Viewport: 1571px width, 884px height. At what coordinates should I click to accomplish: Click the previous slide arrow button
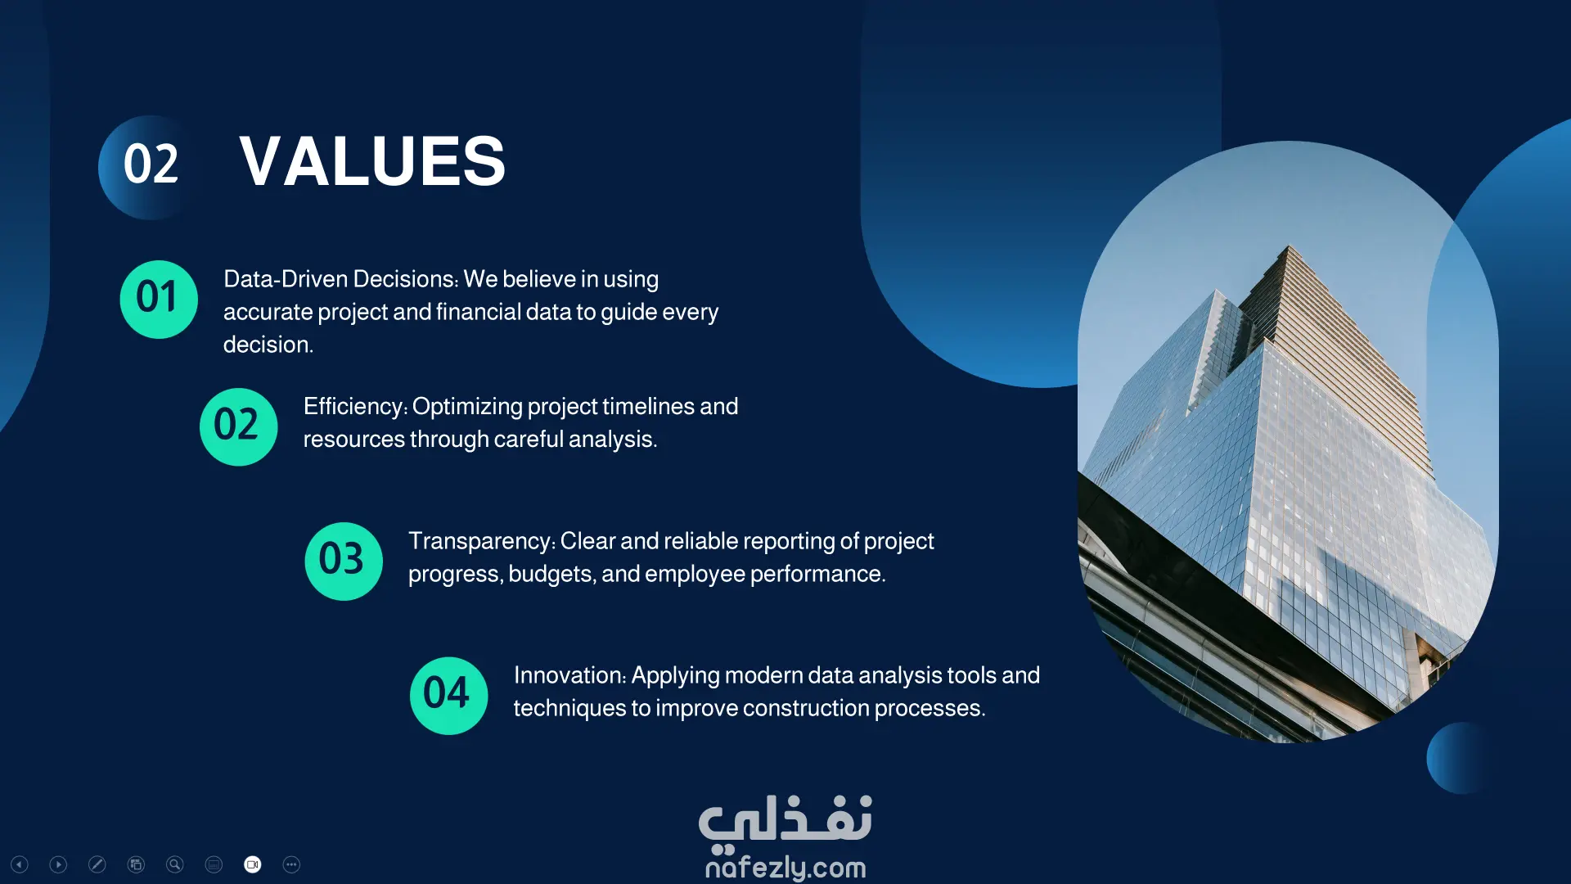click(20, 864)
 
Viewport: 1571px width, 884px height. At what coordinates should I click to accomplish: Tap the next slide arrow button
click(58, 864)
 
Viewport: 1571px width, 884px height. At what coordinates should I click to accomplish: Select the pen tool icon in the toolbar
click(97, 864)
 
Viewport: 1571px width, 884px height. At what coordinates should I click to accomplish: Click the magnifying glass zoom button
click(175, 864)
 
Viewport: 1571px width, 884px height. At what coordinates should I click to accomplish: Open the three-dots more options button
click(291, 864)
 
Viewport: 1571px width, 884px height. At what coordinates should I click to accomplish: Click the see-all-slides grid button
click(136, 864)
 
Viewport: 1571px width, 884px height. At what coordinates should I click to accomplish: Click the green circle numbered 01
click(159, 299)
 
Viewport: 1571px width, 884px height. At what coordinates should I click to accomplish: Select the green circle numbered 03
click(344, 561)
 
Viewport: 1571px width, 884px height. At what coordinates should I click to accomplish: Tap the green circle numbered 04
click(448, 696)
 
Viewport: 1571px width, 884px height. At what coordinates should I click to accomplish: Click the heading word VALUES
click(372, 161)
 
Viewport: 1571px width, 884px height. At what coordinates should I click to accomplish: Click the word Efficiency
click(353, 408)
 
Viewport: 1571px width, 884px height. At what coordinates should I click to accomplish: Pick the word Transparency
click(480, 542)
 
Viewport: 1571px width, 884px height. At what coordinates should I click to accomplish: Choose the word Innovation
click(568, 675)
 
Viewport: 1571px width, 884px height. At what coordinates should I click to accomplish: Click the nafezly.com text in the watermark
click(785, 867)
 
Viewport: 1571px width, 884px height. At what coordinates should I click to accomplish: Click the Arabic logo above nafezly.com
click(785, 821)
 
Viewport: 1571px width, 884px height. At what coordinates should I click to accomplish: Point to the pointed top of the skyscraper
click(1289, 246)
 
